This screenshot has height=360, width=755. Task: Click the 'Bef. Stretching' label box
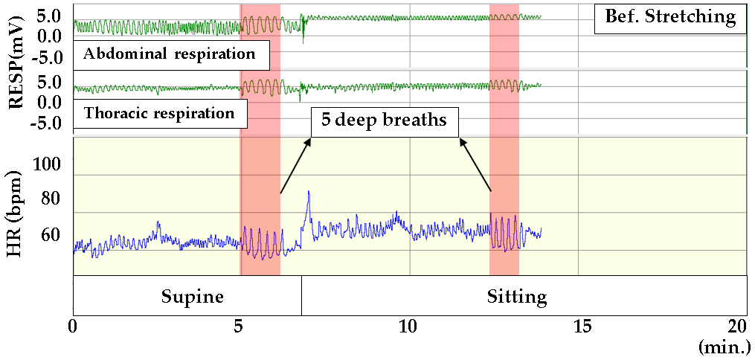pyautogui.click(x=669, y=16)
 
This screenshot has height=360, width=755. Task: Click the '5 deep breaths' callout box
pyautogui.click(x=384, y=120)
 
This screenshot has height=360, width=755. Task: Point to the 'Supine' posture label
pyautogui.click(x=193, y=297)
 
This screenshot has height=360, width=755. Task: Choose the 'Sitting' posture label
pyautogui.click(x=517, y=298)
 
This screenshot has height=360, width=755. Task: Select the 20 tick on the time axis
pyautogui.click(x=738, y=327)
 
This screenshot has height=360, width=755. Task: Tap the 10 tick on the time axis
pyautogui.click(x=409, y=327)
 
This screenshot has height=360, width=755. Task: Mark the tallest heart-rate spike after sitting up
pyautogui.click(x=308, y=192)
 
